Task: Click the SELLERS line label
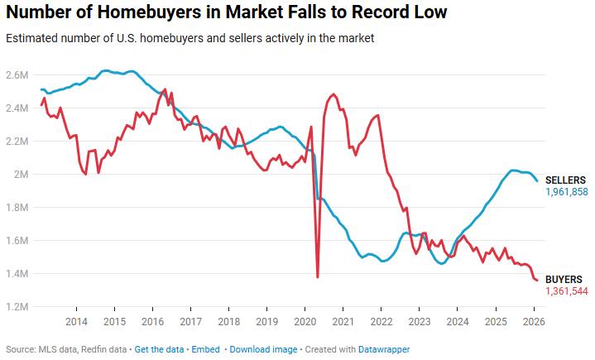tap(566, 180)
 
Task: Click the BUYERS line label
tap(564, 280)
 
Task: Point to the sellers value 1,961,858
tap(566, 192)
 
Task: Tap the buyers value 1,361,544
tap(566, 292)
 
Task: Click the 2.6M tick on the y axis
tap(17, 75)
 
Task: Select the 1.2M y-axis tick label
tap(17, 307)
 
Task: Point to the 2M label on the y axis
tap(20, 175)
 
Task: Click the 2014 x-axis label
tap(76, 321)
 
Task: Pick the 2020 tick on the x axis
tap(305, 321)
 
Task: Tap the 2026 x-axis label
tap(534, 321)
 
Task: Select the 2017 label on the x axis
tap(190, 321)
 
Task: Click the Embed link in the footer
tap(207, 349)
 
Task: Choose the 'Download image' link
tap(263, 349)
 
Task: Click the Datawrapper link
tap(383, 349)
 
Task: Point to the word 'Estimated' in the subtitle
tap(29, 39)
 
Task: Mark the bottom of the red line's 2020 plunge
tap(318, 276)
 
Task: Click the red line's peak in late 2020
tap(333, 94)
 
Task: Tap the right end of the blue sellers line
tap(537, 181)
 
